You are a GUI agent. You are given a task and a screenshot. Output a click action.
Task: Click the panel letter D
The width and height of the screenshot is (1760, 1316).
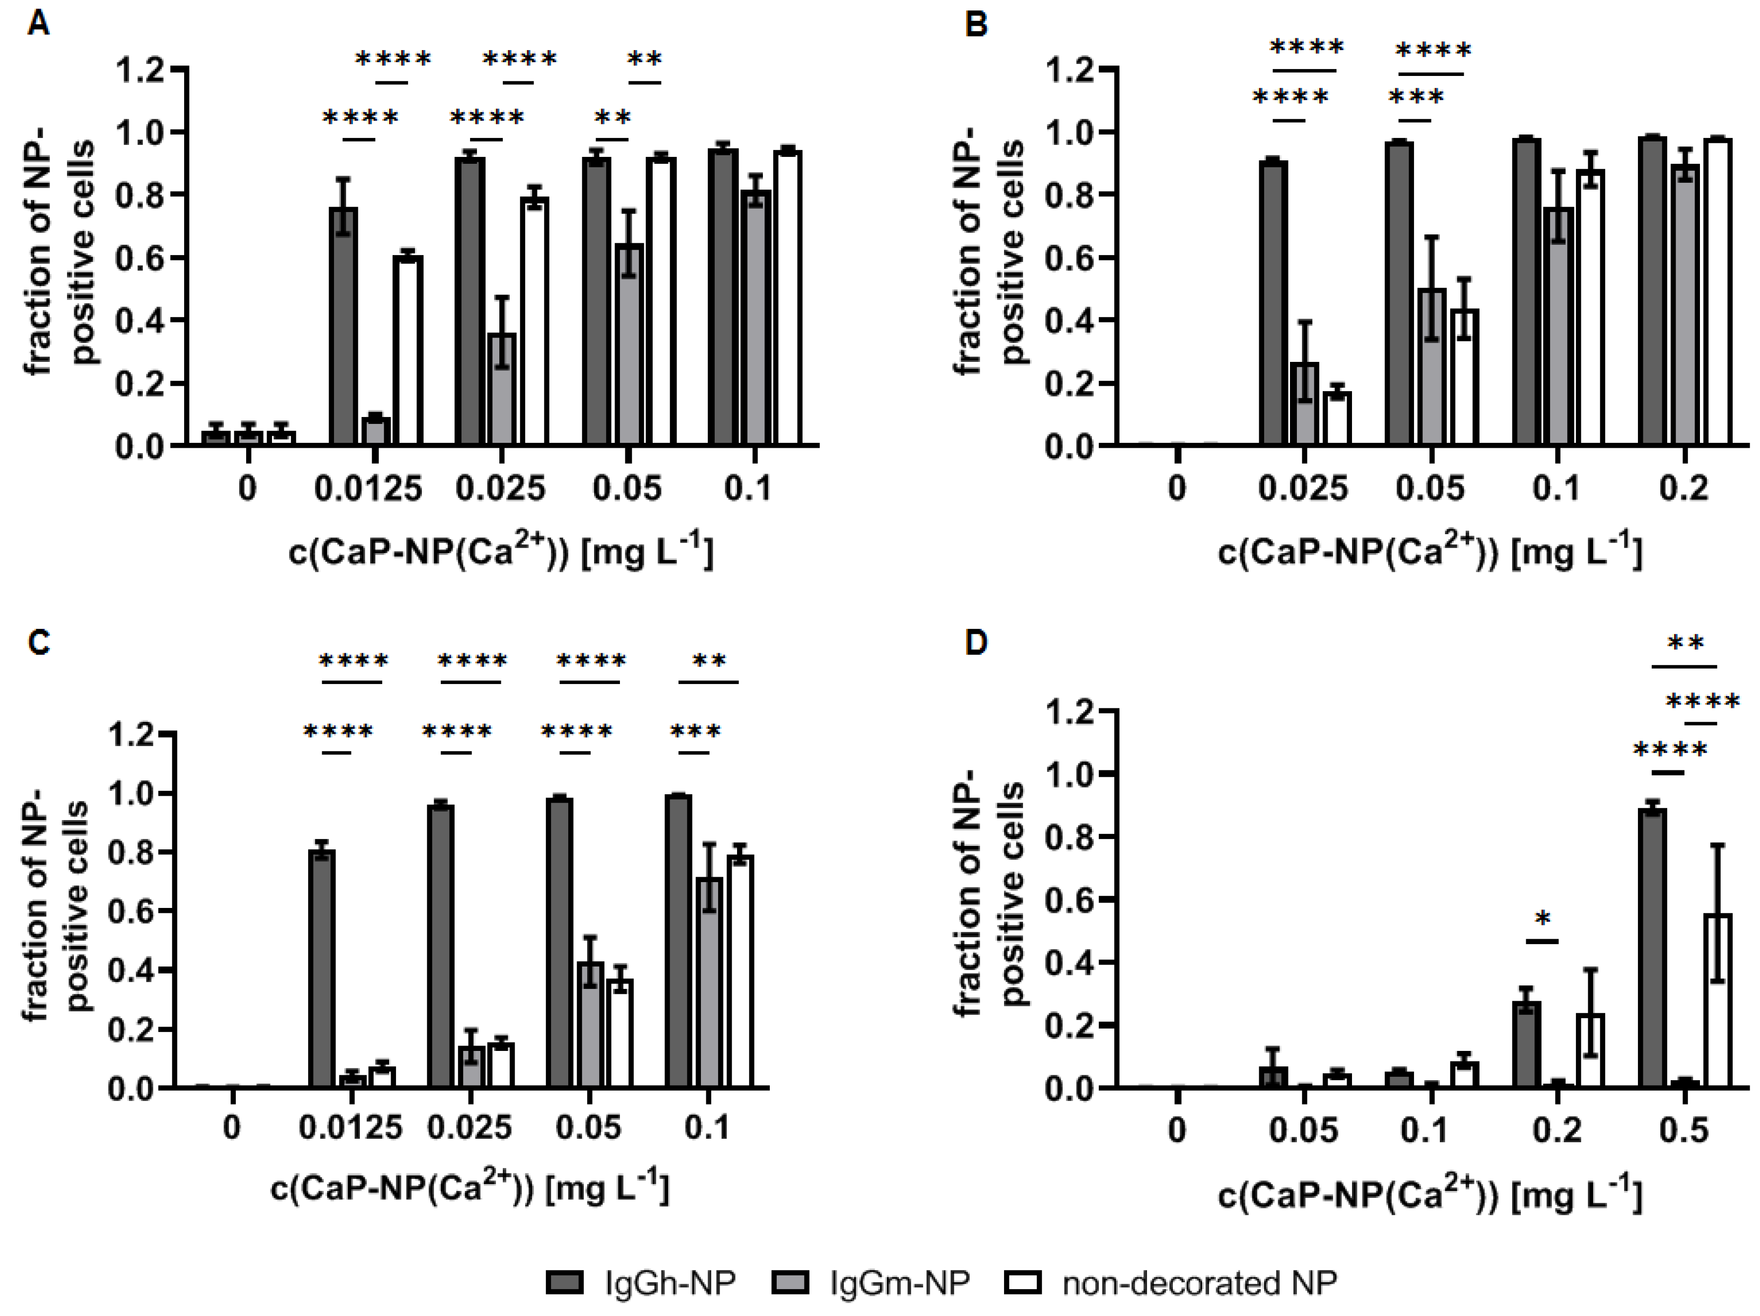coord(975,641)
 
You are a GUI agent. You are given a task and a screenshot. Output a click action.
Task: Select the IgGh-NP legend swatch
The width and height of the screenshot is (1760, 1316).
coord(564,1283)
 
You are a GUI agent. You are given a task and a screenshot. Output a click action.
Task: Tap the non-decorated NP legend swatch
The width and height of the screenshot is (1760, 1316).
coord(1022,1283)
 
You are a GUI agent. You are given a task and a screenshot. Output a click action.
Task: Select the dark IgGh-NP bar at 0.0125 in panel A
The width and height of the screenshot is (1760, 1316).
coord(343,326)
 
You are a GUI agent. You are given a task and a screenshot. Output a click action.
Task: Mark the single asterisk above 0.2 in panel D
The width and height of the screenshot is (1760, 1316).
coord(1542,920)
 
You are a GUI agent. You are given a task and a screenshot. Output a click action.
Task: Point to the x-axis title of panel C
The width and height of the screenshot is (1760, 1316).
coord(470,1188)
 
